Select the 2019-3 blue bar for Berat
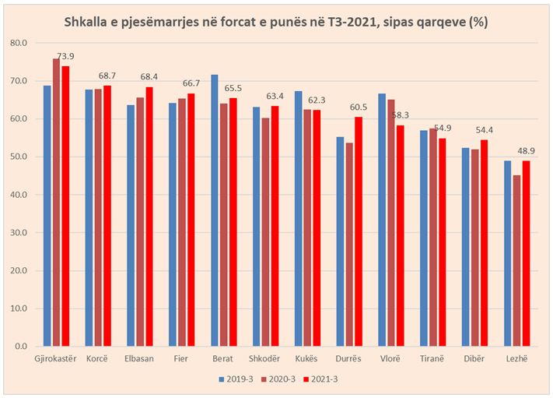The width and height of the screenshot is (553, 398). pyautogui.click(x=215, y=210)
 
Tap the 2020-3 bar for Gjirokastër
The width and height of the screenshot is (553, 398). pyautogui.click(x=56, y=203)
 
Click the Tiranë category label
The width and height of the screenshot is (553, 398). pyautogui.click(x=433, y=360)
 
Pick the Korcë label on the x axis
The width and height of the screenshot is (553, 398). pyautogui.click(x=98, y=360)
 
